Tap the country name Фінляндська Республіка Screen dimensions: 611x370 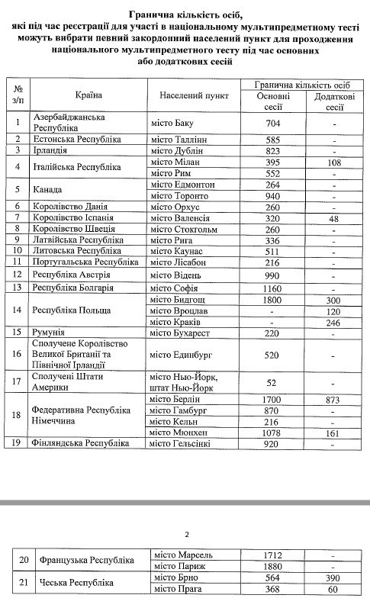pos(85,444)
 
